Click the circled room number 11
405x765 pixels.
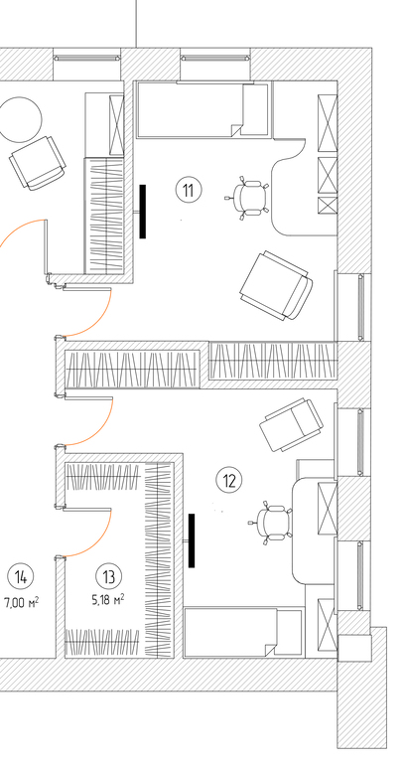pyautogui.click(x=189, y=190)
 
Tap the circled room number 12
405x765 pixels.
pyautogui.click(x=229, y=481)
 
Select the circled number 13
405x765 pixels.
pyautogui.click(x=109, y=576)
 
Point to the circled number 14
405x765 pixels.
pyautogui.click(x=21, y=576)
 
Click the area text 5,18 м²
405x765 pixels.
pyautogui.click(x=108, y=599)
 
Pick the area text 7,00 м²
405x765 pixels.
pyautogui.click(x=22, y=602)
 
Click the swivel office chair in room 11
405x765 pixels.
pyautogui.click(x=248, y=197)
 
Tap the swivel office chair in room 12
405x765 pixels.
pyautogui.click(x=271, y=523)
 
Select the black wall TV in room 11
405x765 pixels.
pyautogui.click(x=143, y=212)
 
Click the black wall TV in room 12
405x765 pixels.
pyautogui.click(x=192, y=540)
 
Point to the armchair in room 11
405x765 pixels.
pyautogui.click(x=276, y=285)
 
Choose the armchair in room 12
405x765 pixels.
pyautogui.click(x=292, y=424)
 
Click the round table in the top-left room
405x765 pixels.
pyautogui.click(x=21, y=119)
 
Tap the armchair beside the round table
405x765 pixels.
pyautogui.click(x=38, y=163)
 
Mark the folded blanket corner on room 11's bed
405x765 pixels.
pyautogui.click(x=236, y=130)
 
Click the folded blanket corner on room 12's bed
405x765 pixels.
pyautogui.click(x=270, y=650)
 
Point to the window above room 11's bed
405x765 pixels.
pyautogui.click(x=215, y=58)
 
